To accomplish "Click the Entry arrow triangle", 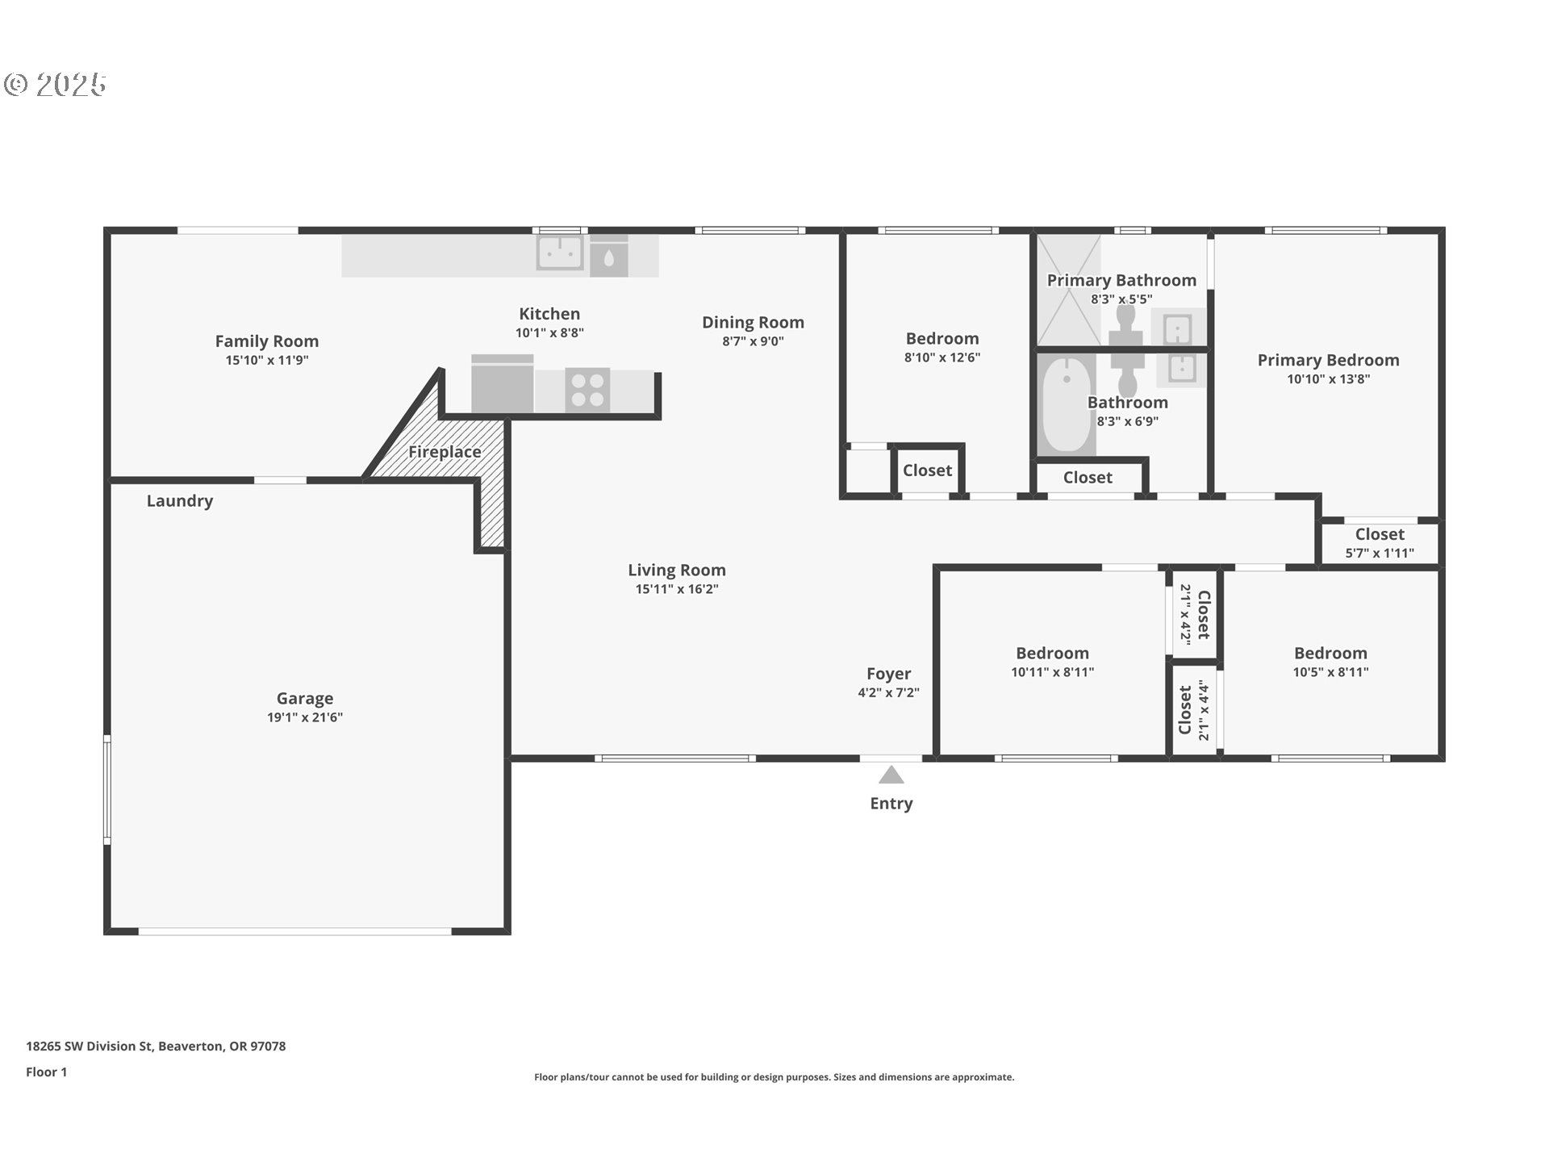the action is pyautogui.click(x=891, y=775).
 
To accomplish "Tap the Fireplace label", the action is pyautogui.click(x=445, y=452).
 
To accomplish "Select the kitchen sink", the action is pyautogui.click(x=560, y=253).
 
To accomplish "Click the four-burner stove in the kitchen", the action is pyautogui.click(x=587, y=391).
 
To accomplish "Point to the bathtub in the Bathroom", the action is pyautogui.click(x=1067, y=405).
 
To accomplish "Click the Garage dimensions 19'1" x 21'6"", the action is pyautogui.click(x=305, y=717).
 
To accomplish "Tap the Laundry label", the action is pyautogui.click(x=180, y=500).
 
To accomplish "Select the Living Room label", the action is pyautogui.click(x=677, y=570).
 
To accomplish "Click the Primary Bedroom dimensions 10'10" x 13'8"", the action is pyautogui.click(x=1329, y=378).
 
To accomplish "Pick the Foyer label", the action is pyautogui.click(x=889, y=673).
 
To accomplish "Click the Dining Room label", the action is pyautogui.click(x=753, y=322).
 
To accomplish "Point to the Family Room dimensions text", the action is pyautogui.click(x=267, y=360).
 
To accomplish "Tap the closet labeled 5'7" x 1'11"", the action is pyautogui.click(x=1380, y=542).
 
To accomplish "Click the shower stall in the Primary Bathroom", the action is pyautogui.click(x=1068, y=290).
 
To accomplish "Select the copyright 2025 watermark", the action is pyautogui.click(x=55, y=84).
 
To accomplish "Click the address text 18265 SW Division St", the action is pyautogui.click(x=89, y=1046).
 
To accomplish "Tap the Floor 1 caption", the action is pyautogui.click(x=47, y=1072).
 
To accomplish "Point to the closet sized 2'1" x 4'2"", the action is pyautogui.click(x=1194, y=613).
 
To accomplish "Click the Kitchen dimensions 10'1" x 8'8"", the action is pyautogui.click(x=549, y=332).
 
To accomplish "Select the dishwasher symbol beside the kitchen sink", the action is pyautogui.click(x=609, y=256).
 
